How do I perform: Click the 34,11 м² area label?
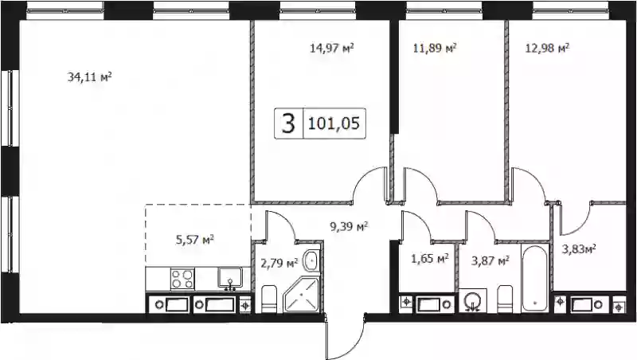pos(89,76)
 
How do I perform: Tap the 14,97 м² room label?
pos(331,49)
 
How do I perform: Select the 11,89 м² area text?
pos(435,49)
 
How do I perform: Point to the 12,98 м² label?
pos(547,49)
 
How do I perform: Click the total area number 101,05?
pos(334,123)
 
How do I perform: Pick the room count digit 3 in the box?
pos(288,123)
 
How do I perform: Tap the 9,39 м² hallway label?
pos(349,226)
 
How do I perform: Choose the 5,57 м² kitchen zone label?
pos(195,240)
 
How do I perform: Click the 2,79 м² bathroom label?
pos(279,264)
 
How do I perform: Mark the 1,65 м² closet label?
pos(430,258)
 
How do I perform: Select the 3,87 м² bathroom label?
pos(490,260)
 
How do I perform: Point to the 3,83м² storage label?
pos(579,248)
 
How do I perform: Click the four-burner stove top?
pos(182,279)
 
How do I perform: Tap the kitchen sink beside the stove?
pos(230,278)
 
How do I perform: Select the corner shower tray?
pos(301,295)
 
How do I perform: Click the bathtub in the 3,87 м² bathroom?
pos(535,278)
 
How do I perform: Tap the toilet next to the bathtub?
pos(505,299)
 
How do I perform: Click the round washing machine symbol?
pos(473,301)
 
